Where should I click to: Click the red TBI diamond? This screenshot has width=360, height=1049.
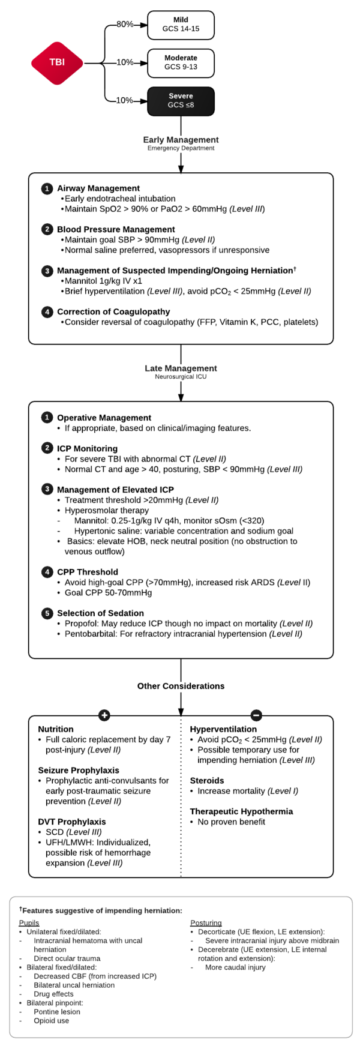click(x=57, y=62)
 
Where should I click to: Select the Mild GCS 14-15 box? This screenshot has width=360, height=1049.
click(x=181, y=25)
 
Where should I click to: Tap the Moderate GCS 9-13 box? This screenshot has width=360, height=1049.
click(x=181, y=63)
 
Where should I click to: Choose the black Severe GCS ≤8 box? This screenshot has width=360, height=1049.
click(x=181, y=101)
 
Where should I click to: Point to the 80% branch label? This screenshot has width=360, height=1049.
click(x=125, y=25)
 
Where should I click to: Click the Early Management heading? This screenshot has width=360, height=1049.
click(x=181, y=140)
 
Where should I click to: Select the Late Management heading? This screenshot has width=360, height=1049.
click(x=181, y=368)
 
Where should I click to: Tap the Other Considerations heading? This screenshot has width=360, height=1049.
click(x=181, y=686)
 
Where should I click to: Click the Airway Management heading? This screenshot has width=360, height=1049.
click(x=98, y=188)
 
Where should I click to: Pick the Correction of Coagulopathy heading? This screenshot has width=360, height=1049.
click(x=113, y=312)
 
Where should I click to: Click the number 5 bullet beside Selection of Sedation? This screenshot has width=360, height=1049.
click(x=47, y=613)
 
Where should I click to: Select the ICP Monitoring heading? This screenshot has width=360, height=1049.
click(x=87, y=448)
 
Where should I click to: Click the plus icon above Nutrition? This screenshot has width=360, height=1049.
click(x=104, y=715)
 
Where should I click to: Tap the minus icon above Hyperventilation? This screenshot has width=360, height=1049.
click(x=256, y=715)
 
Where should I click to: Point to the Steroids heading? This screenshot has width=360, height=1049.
click(x=207, y=781)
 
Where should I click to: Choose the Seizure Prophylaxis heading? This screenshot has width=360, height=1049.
click(x=79, y=771)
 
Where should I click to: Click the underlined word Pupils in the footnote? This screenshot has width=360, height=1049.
click(x=29, y=923)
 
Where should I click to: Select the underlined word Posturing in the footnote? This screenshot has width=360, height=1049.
click(x=206, y=923)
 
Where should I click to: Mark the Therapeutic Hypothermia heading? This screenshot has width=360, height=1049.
click(x=241, y=811)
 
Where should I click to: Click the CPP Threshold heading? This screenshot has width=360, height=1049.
click(x=88, y=572)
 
